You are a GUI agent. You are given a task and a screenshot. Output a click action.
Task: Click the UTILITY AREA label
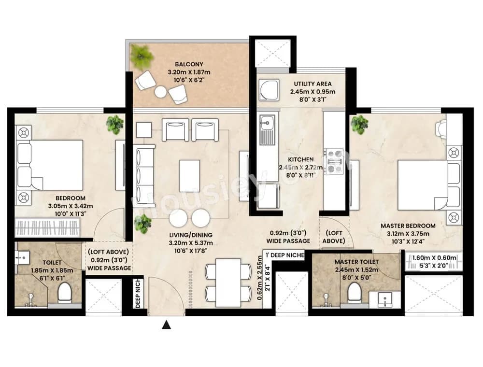point(313,84)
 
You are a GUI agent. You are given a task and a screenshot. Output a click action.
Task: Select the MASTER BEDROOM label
point(408,226)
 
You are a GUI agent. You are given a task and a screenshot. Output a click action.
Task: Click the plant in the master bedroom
point(359,125)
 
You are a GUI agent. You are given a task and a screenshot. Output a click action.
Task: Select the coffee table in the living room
point(190,176)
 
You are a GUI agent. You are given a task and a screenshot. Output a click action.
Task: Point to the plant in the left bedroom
point(115,125)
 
